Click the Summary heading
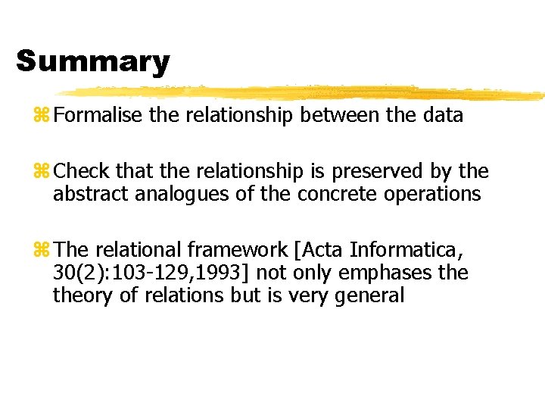coord(92,61)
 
